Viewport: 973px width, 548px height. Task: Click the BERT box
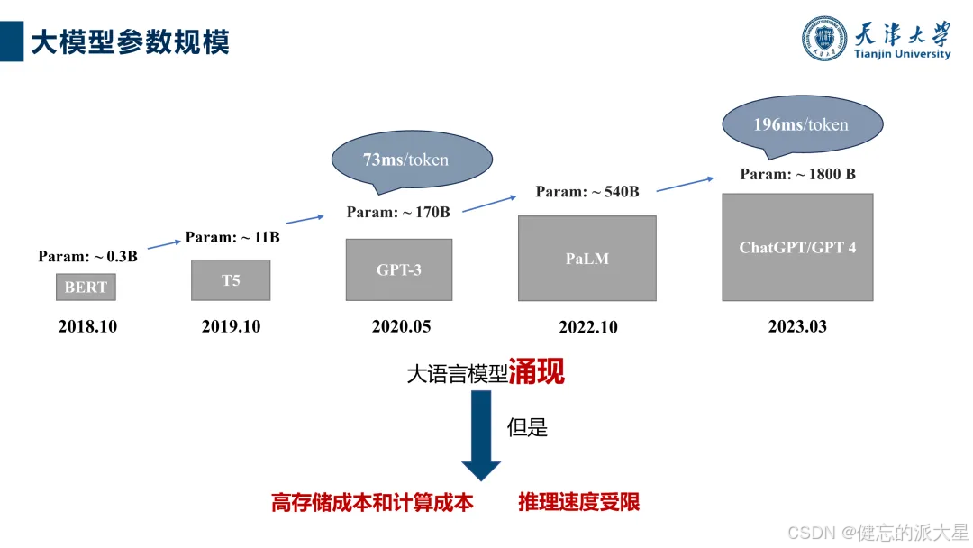[x=86, y=287]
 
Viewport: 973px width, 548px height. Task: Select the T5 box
[x=231, y=280]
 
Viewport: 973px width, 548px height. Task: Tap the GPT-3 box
[x=398, y=269]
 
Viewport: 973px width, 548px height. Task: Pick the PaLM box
[x=587, y=259]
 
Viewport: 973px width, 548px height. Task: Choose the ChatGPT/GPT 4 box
[x=797, y=247]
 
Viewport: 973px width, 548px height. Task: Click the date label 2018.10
[x=87, y=326]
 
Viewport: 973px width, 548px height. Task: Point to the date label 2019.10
[x=231, y=326]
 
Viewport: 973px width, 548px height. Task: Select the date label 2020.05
[x=401, y=326]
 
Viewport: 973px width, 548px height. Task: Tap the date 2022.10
[x=588, y=327]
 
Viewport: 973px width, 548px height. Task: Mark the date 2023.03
[x=797, y=326]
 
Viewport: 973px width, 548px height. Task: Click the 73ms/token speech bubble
[x=412, y=161]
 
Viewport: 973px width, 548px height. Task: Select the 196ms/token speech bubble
[x=802, y=124]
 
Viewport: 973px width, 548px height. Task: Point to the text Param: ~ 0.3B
[x=87, y=257]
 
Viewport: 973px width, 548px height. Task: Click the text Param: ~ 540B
[x=587, y=191]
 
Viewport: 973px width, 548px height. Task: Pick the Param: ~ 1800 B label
[x=797, y=174]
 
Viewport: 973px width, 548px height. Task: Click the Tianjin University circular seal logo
[x=825, y=39]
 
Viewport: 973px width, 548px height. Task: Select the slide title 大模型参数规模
[x=131, y=41]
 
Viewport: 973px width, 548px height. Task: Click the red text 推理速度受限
[x=578, y=502]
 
